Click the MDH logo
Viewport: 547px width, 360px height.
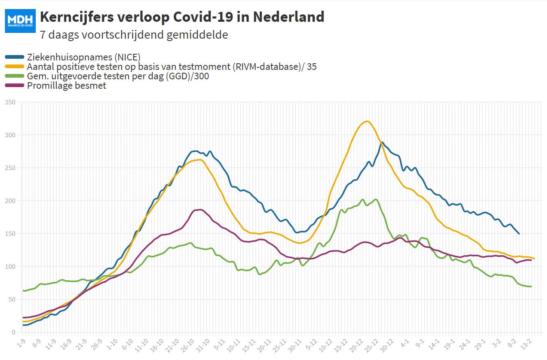20,21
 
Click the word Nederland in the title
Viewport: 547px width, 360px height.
289,17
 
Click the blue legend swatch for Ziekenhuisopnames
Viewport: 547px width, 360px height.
14,57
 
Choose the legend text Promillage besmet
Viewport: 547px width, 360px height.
67,86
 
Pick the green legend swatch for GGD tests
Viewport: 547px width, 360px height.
14,76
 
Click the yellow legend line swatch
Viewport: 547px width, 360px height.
14,67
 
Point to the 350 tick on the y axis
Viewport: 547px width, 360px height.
10,102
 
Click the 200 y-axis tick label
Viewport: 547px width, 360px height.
10,201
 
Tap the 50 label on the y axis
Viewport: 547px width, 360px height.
12,300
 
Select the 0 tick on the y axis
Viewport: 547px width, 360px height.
14,332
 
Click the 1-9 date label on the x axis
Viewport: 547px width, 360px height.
21,344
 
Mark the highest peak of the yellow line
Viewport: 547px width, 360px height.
367,121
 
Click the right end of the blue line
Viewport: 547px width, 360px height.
519,234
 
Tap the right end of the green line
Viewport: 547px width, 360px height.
531,286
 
